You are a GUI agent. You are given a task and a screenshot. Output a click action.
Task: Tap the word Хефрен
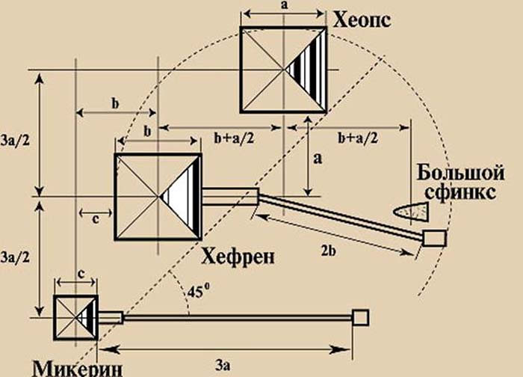click(238, 257)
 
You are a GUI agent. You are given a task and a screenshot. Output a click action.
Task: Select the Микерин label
click(78, 368)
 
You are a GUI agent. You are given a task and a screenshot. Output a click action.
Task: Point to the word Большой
click(460, 174)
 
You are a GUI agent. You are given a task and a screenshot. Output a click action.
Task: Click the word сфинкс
click(461, 193)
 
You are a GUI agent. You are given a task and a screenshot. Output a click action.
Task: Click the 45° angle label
click(199, 292)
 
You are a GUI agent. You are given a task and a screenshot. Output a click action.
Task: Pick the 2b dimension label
click(328, 251)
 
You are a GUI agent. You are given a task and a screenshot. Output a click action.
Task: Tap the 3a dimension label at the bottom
click(223, 366)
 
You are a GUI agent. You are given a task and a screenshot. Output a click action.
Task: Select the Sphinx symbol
click(411, 211)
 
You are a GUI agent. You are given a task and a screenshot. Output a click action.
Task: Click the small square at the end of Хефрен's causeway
click(434, 238)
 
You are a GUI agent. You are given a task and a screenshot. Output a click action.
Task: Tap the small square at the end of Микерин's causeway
click(361, 317)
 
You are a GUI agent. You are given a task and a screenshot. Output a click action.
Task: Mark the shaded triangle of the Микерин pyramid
click(87, 318)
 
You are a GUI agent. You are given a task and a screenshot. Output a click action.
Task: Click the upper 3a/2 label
click(15, 141)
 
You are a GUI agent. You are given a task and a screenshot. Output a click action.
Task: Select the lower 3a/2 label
click(15, 257)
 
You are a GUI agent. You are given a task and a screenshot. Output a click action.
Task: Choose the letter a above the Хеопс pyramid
click(284, 6)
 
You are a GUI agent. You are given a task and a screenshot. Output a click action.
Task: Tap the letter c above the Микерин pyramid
click(81, 275)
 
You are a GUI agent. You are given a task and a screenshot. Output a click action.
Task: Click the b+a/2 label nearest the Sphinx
click(358, 138)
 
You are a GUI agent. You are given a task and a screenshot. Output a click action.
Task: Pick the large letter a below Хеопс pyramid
click(318, 159)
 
